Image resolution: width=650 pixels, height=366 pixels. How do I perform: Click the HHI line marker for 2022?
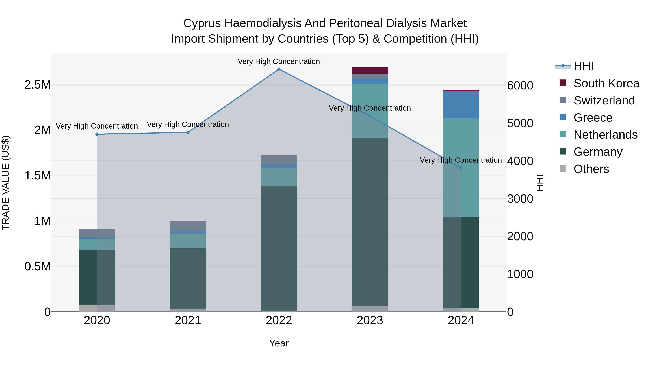click(279, 69)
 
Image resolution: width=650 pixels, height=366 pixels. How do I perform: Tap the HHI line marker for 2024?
click(461, 168)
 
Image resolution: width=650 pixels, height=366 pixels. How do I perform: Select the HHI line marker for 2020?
click(97, 134)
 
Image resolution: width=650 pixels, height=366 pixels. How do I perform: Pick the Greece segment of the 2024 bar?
click(461, 105)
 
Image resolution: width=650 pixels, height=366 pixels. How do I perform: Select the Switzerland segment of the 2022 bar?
click(279, 160)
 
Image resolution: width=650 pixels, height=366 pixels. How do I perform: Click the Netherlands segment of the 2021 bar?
click(188, 241)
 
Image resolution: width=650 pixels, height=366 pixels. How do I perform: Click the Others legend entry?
click(591, 169)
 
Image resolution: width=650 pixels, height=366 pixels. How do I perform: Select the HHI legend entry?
click(583, 66)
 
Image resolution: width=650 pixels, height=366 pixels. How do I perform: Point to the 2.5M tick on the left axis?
click(38, 85)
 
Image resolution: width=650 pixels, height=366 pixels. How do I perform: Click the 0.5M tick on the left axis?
click(38, 266)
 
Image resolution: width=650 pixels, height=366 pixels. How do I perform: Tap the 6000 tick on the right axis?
click(520, 86)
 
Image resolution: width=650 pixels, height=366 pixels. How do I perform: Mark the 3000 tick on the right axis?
click(520, 199)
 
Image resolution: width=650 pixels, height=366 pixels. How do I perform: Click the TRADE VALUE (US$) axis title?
click(6, 183)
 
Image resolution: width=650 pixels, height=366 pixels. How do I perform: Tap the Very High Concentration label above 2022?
click(279, 62)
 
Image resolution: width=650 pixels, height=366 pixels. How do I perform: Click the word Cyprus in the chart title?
click(202, 23)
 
